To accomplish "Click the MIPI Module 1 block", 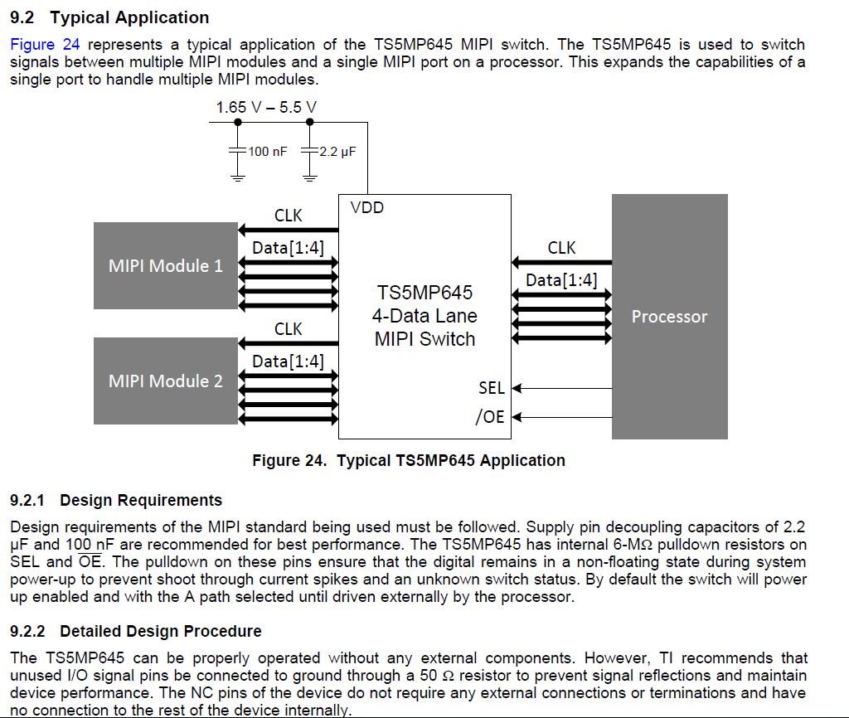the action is pyautogui.click(x=166, y=266).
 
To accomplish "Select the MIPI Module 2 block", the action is pyautogui.click(x=166, y=381).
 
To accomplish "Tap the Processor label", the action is pyautogui.click(x=669, y=317).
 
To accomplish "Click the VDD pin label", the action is pyautogui.click(x=367, y=208).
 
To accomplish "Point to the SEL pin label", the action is pyautogui.click(x=491, y=388).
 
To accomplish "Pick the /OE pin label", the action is pyautogui.click(x=490, y=416).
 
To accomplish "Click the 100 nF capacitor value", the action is pyautogui.click(x=268, y=152).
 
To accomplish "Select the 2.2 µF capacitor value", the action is pyautogui.click(x=337, y=152).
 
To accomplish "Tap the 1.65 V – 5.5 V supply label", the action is pyautogui.click(x=266, y=107).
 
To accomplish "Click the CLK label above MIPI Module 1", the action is pyautogui.click(x=288, y=216).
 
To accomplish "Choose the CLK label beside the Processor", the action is pyautogui.click(x=561, y=248).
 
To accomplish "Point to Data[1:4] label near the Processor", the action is pyautogui.click(x=561, y=280).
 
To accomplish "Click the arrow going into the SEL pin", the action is pyautogui.click(x=562, y=388).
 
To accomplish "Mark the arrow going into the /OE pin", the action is pyautogui.click(x=562, y=417).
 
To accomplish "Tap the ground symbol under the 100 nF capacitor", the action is pyautogui.click(x=238, y=177).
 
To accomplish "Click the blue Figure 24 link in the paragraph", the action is pyautogui.click(x=45, y=45).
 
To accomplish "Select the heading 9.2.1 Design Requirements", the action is pyautogui.click(x=116, y=500).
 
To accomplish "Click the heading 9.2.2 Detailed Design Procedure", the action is pyautogui.click(x=135, y=631).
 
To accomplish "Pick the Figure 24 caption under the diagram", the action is pyautogui.click(x=409, y=460).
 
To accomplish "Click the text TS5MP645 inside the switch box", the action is pyautogui.click(x=424, y=293).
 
